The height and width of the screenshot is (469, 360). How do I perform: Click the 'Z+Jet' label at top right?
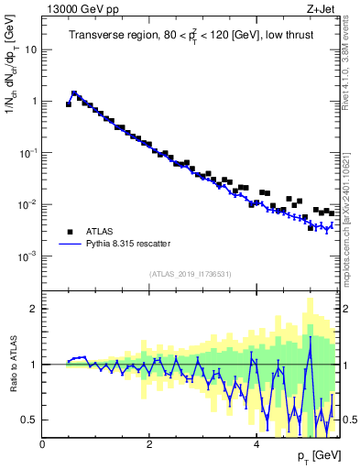tap(322, 8)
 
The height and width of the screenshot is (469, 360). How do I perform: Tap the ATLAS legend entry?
tap(102, 232)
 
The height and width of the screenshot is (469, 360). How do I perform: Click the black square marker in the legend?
tap(69, 232)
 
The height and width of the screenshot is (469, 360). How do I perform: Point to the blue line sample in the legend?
tap(69, 244)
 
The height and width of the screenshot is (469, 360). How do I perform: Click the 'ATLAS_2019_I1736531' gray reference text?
tap(190, 274)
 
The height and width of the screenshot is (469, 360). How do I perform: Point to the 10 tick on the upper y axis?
tap(32, 49)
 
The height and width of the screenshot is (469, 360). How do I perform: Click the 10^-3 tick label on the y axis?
tap(29, 256)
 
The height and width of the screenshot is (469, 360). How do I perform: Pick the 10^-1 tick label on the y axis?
tap(29, 153)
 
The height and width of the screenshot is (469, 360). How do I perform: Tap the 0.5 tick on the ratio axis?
tap(30, 420)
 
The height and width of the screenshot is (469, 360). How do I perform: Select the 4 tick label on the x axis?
tap(256, 443)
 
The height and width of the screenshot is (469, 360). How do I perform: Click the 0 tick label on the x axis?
tap(42, 443)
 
